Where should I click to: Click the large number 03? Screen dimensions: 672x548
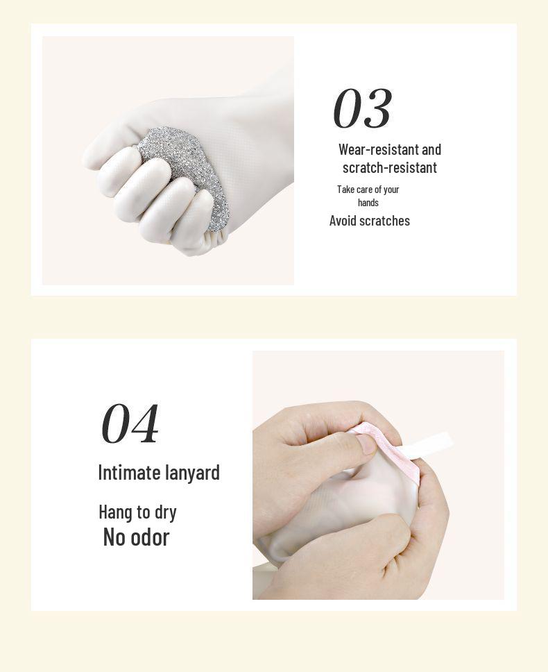point(362,109)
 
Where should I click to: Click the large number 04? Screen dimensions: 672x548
point(130,423)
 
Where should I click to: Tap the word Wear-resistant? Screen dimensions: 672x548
point(378,149)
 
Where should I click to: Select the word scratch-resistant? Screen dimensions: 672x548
point(389,167)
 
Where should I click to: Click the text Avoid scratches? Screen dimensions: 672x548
point(369,221)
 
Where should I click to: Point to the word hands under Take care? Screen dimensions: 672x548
point(368,203)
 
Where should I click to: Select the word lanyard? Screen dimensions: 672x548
point(191,473)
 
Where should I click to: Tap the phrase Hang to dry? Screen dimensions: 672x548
point(137,512)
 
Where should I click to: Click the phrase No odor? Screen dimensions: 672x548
point(136,537)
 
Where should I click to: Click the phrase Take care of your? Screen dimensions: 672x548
point(368,190)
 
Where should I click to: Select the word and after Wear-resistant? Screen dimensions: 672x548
point(431,149)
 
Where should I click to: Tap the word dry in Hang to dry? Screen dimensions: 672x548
point(165,512)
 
